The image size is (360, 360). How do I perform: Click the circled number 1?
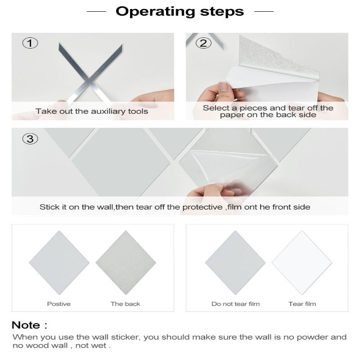[x=30, y=43]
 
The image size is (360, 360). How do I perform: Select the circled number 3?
[x=30, y=139]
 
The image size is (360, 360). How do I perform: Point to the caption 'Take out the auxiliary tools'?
[x=92, y=111]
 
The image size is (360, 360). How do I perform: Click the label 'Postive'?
[x=59, y=304]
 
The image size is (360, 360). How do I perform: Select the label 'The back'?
[x=126, y=304]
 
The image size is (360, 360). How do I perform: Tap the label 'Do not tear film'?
[x=235, y=304]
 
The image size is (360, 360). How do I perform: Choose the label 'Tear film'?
[x=302, y=304]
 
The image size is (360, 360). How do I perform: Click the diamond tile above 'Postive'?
[x=59, y=262]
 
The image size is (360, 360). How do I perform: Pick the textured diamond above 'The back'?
[x=126, y=262]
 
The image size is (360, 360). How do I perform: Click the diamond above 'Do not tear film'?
[x=235, y=262]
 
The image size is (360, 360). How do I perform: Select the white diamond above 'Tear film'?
[x=302, y=262]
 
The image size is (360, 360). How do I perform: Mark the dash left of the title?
[x=96, y=11]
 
